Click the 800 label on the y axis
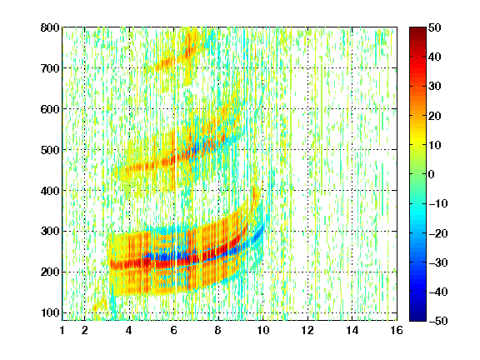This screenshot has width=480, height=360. click(50, 27)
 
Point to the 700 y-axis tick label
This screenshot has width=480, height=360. click(50, 68)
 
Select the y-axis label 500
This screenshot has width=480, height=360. click(50, 150)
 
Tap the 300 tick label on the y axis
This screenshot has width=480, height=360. click(50, 231)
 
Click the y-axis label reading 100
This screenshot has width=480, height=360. click(50, 312)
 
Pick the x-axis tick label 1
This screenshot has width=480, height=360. click(62, 330)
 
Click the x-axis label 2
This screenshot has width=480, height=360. click(85, 330)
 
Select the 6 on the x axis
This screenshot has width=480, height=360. click(174, 330)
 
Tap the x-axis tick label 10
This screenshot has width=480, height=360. click(262, 330)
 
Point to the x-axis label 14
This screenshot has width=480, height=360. click(352, 330)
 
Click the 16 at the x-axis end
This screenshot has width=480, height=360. click(397, 330)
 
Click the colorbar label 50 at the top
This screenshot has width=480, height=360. click(435, 27)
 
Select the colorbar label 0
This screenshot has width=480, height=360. click(432, 174)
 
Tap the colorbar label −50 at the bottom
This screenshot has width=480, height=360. click(438, 321)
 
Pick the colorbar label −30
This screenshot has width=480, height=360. click(438, 262)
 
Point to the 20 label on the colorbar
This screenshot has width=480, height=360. click(435, 116)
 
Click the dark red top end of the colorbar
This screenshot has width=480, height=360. click(417, 29)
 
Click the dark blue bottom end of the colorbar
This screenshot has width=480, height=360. click(417, 318)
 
